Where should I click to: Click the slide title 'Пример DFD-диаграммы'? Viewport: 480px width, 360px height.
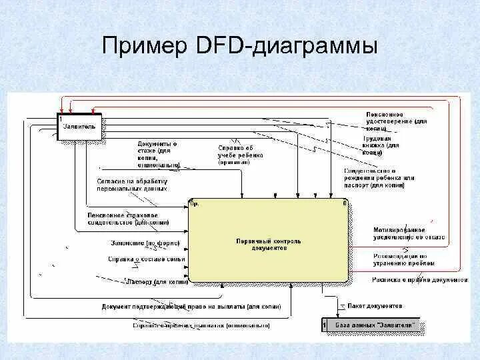[x=240, y=46]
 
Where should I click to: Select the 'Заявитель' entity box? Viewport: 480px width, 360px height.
[x=79, y=127]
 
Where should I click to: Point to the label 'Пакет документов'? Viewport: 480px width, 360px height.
[x=375, y=306]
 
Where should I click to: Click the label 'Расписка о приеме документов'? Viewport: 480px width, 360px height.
[x=419, y=280]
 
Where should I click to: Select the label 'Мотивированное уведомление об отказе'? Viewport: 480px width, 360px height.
[x=409, y=233]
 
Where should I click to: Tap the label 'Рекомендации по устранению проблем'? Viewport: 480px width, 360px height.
[x=400, y=259]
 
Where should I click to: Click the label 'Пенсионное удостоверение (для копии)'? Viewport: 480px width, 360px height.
[x=396, y=121]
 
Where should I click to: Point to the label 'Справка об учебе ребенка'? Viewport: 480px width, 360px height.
[x=241, y=155]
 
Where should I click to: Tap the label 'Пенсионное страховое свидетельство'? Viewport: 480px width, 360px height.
[x=127, y=219]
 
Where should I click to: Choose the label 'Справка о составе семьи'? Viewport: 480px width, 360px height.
[x=146, y=259]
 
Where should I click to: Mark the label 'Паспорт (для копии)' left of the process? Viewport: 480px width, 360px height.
[x=157, y=281]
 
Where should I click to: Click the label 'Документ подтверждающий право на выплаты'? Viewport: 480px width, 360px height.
[x=191, y=307]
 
